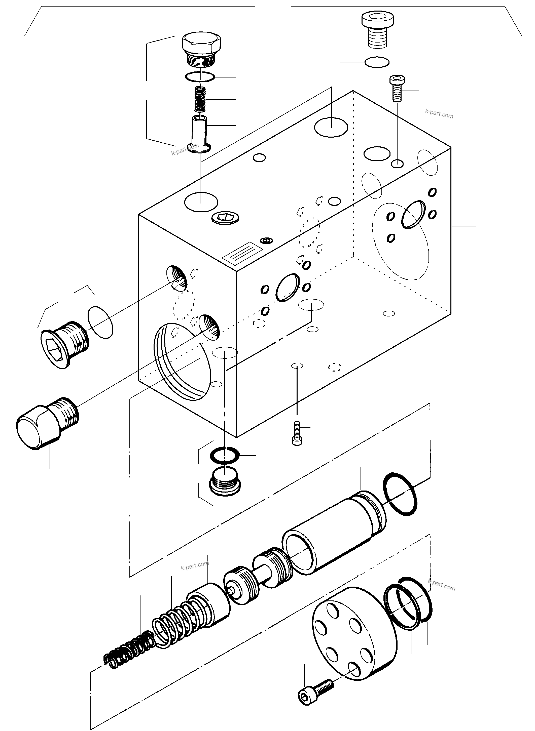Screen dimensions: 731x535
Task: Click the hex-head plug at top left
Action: tap(201, 49)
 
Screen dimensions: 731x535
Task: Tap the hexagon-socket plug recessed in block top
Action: tap(225, 218)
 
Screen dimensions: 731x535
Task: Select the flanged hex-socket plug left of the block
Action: tap(64, 345)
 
